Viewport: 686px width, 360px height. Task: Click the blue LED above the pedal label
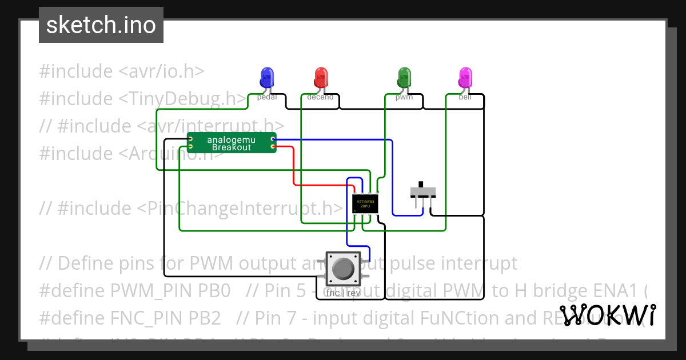266,77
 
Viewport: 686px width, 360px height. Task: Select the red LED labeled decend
321,77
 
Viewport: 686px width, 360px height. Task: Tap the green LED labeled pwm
404,77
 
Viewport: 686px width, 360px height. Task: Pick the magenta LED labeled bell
465,77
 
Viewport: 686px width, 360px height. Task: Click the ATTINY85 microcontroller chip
365,204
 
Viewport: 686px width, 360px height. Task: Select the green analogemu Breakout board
232,143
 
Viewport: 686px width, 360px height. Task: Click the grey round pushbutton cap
342,269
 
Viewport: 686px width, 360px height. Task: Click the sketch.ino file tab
101,25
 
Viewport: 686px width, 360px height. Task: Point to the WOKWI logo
607,315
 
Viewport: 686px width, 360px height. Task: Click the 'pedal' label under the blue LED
267,97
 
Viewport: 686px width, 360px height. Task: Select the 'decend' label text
320,97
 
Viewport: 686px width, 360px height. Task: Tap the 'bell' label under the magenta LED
465,97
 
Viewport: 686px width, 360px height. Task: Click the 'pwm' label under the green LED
404,97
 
